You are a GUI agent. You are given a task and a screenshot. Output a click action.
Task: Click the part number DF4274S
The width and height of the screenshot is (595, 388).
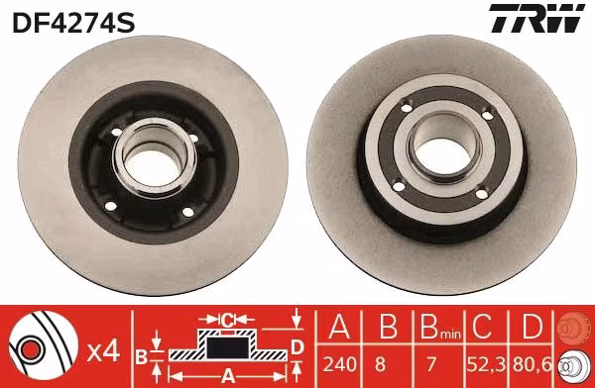point(73,23)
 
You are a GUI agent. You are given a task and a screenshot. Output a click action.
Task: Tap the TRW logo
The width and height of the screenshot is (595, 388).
point(536,18)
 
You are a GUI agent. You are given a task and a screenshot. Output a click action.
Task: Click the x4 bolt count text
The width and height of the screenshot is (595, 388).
point(103,352)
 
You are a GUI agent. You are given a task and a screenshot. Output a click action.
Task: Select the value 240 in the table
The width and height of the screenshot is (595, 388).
point(339,364)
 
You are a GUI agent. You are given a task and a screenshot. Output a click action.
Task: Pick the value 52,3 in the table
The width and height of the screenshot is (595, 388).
point(487,364)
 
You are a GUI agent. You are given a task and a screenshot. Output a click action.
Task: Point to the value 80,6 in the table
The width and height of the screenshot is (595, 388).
point(533,364)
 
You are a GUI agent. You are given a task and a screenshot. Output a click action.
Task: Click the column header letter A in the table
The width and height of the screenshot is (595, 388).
point(339,327)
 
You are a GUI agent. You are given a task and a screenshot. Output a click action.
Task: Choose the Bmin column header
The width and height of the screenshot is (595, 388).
point(440,327)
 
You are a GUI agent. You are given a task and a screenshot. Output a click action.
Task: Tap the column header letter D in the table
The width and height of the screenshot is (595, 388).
point(533,327)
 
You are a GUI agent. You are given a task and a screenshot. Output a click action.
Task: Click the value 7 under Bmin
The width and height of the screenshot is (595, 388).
point(431,364)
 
